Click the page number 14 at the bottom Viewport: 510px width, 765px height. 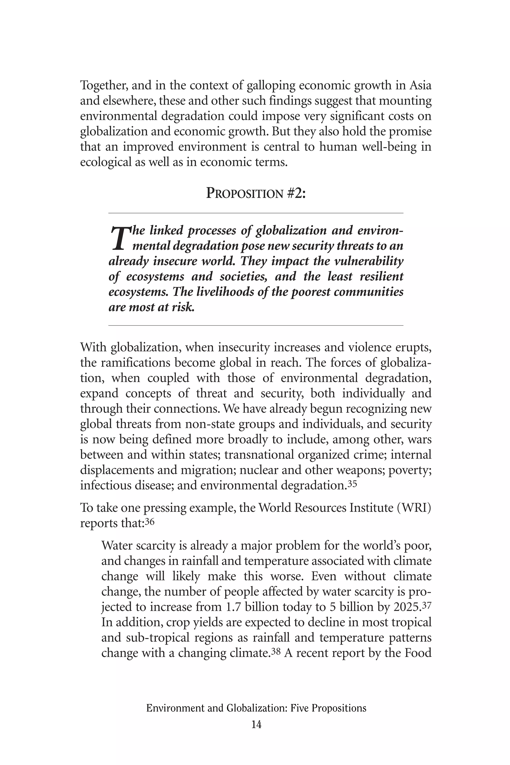256,725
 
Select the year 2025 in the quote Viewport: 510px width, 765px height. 406,607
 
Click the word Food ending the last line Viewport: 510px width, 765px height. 418,653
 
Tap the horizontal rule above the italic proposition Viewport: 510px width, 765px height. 256,213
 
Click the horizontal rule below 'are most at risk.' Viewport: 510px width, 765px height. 256,325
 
